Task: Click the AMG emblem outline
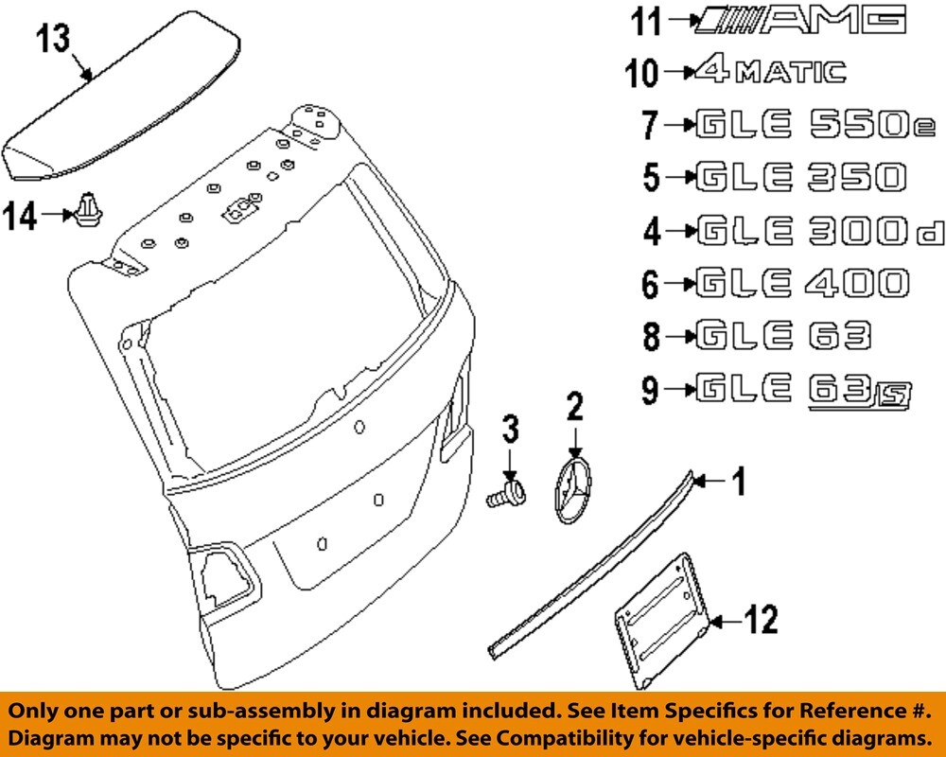click(x=799, y=19)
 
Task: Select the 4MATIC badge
click(x=768, y=71)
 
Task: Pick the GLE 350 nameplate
click(x=799, y=176)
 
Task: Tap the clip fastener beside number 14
click(x=88, y=210)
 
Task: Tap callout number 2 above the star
click(x=573, y=408)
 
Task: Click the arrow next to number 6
click(x=678, y=283)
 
